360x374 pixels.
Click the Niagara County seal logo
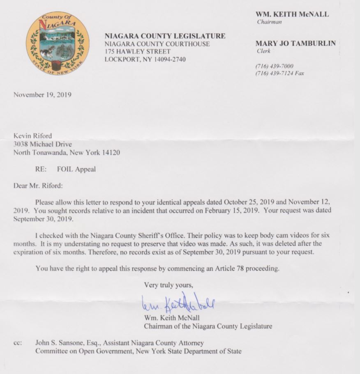pos(58,43)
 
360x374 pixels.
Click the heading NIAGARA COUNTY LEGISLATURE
pos(165,36)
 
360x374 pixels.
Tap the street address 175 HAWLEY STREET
pos(138,52)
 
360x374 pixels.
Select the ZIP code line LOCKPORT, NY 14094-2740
pos(145,60)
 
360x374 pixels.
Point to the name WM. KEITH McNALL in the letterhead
pos(292,14)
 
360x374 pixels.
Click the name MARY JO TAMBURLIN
pos(295,43)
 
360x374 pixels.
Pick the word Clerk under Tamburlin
pos(263,51)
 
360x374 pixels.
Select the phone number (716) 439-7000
pos(275,66)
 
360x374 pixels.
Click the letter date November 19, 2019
pos(43,95)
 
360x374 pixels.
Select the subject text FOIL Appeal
pos(76,169)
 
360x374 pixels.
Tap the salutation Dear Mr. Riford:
pos(38,185)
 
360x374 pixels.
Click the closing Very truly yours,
pos(168,285)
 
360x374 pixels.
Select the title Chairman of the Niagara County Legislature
pos(208,326)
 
